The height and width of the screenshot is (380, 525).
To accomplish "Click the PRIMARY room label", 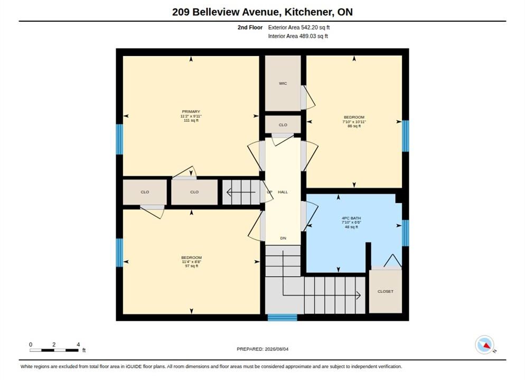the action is (191, 112).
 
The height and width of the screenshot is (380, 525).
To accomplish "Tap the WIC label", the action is (283, 83).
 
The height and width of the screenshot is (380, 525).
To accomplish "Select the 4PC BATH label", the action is (351, 218).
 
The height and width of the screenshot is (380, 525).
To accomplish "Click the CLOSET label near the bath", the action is (386, 291).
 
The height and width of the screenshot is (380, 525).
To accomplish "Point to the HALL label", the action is (283, 192).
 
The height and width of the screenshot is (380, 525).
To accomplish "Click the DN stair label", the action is (283, 238).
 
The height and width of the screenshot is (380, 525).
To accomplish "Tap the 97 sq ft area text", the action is (192, 266).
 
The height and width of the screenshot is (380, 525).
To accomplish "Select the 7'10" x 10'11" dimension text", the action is (354, 122).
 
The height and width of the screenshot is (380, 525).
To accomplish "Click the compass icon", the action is (484, 345).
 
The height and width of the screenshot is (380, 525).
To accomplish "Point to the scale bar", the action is (54, 350).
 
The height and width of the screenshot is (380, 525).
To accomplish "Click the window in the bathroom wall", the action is (405, 233).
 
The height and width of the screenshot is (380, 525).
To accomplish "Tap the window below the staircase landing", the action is (282, 317).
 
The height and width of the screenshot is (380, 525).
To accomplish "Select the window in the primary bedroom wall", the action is (119, 139).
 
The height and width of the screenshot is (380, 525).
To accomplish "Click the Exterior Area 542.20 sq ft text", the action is (298, 27).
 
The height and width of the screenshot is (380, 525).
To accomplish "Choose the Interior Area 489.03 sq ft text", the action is (298, 36).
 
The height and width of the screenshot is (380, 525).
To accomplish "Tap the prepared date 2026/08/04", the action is (277, 349).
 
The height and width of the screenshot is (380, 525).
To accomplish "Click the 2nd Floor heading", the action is (250, 27).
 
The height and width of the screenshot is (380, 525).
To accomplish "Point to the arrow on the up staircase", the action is (241, 192).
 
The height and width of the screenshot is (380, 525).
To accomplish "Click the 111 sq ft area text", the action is (191, 120).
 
